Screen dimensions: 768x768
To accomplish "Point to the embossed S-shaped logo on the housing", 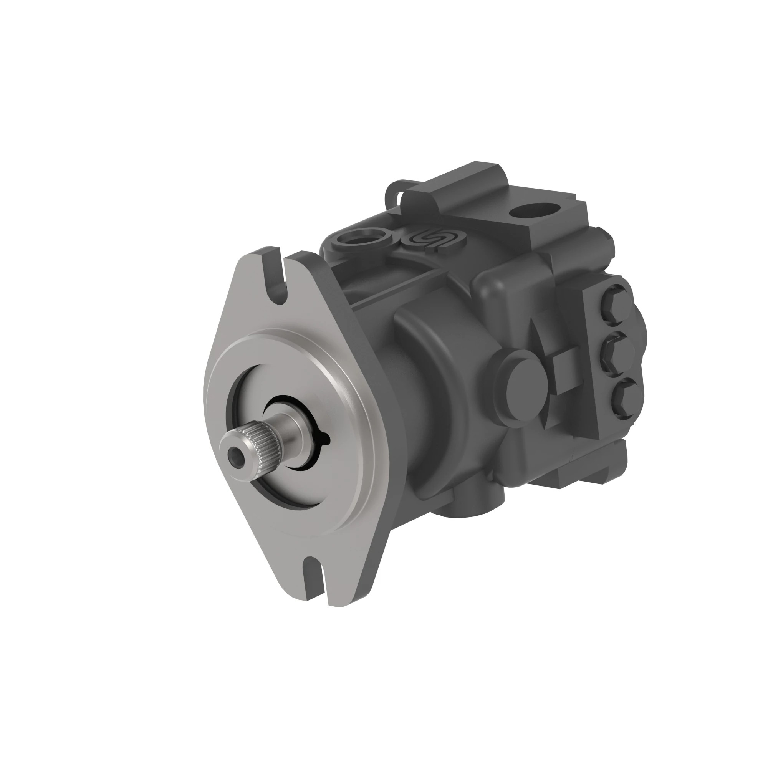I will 433,239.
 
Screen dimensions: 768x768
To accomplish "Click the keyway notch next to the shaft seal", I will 326,439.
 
